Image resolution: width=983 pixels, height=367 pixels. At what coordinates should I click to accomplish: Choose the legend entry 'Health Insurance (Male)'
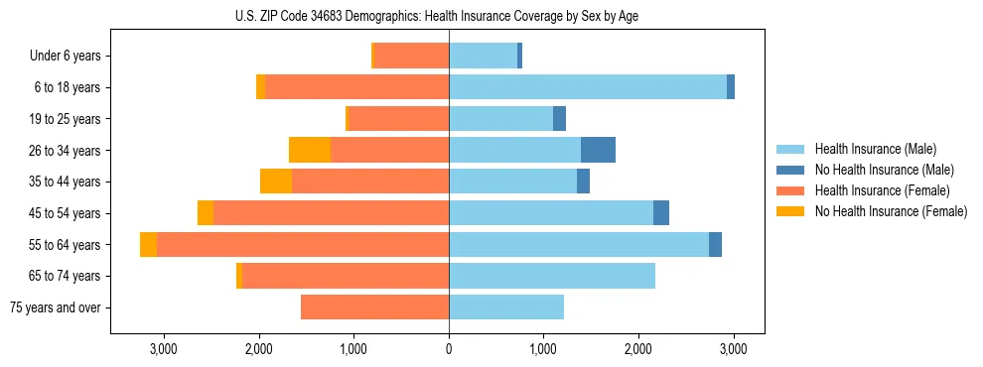pyautogui.click(x=876, y=149)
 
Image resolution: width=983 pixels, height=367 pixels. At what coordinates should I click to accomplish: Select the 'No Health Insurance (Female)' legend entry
pyautogui.click(x=891, y=211)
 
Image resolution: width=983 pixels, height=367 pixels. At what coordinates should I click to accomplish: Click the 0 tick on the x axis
pyautogui.click(x=449, y=349)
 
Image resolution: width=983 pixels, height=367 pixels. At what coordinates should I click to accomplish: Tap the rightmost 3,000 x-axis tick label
pyautogui.click(x=733, y=349)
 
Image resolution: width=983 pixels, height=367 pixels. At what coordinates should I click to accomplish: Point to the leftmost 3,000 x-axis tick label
pyautogui.click(x=163, y=349)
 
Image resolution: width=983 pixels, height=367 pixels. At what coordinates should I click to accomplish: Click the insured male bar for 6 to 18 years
pyautogui.click(x=588, y=87)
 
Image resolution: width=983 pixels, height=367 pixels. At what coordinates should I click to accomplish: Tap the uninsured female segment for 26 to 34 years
pyautogui.click(x=310, y=150)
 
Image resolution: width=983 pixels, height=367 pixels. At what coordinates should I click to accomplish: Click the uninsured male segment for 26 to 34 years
pyautogui.click(x=598, y=150)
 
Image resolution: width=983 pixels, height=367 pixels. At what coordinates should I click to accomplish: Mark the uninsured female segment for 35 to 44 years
pyautogui.click(x=276, y=182)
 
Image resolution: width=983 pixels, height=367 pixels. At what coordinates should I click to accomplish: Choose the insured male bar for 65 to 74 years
pyautogui.click(x=552, y=276)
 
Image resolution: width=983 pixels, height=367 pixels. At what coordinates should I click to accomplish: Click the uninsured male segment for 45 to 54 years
pyautogui.click(x=661, y=213)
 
